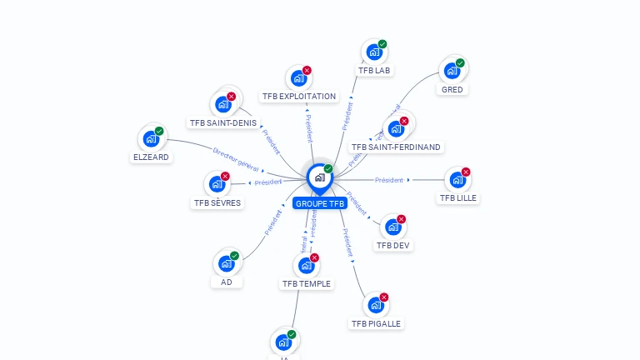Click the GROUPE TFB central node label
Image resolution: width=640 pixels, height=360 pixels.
319,203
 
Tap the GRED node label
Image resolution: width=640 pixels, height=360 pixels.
452,89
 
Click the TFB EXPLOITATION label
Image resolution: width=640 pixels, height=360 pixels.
298,96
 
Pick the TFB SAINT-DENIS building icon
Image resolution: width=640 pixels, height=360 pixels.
222,104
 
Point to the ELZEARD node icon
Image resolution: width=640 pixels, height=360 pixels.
151,139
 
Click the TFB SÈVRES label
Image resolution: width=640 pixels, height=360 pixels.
217,202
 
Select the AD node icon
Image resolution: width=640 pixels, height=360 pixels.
226,263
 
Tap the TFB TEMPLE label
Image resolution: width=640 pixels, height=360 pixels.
306,283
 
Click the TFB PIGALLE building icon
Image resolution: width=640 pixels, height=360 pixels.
375,305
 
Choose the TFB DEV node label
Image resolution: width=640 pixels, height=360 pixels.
393,245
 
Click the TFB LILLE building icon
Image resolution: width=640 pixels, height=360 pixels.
457,180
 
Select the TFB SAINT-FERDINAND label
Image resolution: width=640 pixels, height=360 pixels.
396,147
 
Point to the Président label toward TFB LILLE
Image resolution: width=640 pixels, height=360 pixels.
388,180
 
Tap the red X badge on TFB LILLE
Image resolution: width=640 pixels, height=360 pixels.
466,172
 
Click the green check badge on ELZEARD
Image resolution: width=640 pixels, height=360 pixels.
159,131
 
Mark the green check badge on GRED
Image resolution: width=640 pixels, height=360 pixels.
460,62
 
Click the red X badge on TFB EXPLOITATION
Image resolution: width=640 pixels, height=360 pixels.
307,71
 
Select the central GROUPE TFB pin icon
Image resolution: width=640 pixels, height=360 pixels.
318,177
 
